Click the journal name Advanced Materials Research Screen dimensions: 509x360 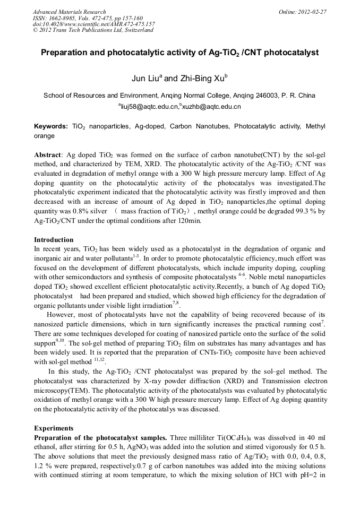pyautogui.click(x=69, y=12)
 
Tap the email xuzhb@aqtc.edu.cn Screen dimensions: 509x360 pyautogui.click(x=211, y=107)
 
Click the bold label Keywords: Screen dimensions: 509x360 pyautogui.click(x=51, y=127)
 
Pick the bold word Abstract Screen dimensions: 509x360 pyautogui.click(x=48, y=154)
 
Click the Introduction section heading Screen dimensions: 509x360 pyautogui.click(x=54, y=240)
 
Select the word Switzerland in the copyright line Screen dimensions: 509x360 pyautogui.click(x=139, y=30)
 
